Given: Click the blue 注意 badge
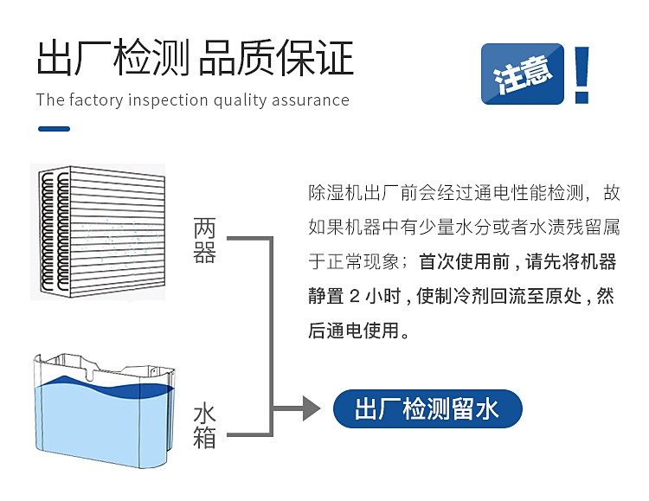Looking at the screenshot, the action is (x=523, y=74).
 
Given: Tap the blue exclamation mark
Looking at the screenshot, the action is (x=582, y=74).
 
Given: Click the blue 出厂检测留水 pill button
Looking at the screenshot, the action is (x=427, y=408).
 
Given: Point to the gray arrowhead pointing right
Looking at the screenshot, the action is (x=312, y=408).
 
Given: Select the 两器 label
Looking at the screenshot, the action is (x=204, y=241).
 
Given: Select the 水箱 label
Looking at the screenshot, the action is (x=204, y=427).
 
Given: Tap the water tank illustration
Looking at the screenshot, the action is (x=104, y=410).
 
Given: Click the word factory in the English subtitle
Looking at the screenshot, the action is (x=96, y=100).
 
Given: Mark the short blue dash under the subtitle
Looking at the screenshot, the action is (x=55, y=129).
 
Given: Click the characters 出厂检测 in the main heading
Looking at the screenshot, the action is (x=113, y=58).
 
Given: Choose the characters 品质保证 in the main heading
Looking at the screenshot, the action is (x=276, y=58).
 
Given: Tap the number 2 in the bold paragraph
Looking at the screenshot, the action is (x=355, y=297).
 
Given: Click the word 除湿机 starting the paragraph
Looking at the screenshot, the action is (x=335, y=193).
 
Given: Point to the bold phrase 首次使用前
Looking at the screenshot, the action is (x=465, y=261).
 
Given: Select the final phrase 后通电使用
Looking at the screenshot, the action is (x=353, y=331).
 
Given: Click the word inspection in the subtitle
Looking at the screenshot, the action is (x=168, y=100).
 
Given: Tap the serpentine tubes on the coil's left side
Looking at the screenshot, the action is (x=55, y=232).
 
